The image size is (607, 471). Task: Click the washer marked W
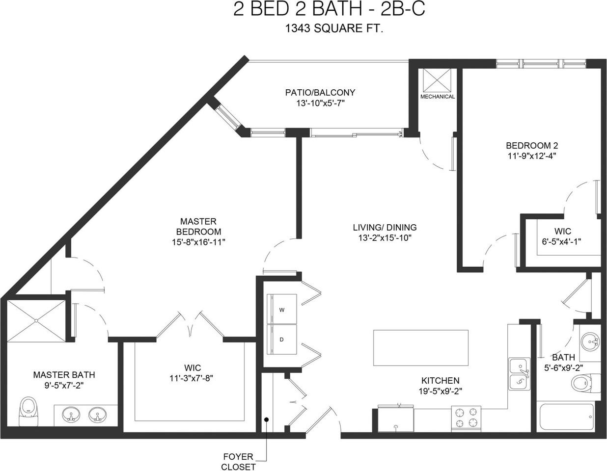click(x=281, y=309)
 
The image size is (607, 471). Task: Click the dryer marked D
click(x=281, y=340)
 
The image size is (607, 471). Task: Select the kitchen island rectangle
click(x=421, y=348)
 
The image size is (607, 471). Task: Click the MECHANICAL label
click(x=438, y=97)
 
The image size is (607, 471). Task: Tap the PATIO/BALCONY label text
click(x=320, y=92)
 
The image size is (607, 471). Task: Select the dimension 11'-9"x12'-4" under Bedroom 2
click(x=532, y=156)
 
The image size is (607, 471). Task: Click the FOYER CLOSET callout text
click(x=238, y=461)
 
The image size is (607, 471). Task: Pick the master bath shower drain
click(x=36, y=320)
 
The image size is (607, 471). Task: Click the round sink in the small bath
click(x=590, y=341)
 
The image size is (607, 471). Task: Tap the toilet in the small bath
click(x=585, y=384)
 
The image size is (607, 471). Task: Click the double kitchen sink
click(x=519, y=374)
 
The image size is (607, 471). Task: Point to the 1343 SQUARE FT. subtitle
click(x=333, y=28)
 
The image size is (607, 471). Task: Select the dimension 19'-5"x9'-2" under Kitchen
click(x=440, y=392)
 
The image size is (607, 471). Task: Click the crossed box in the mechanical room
click(x=437, y=80)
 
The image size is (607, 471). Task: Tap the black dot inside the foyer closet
click(x=267, y=419)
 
